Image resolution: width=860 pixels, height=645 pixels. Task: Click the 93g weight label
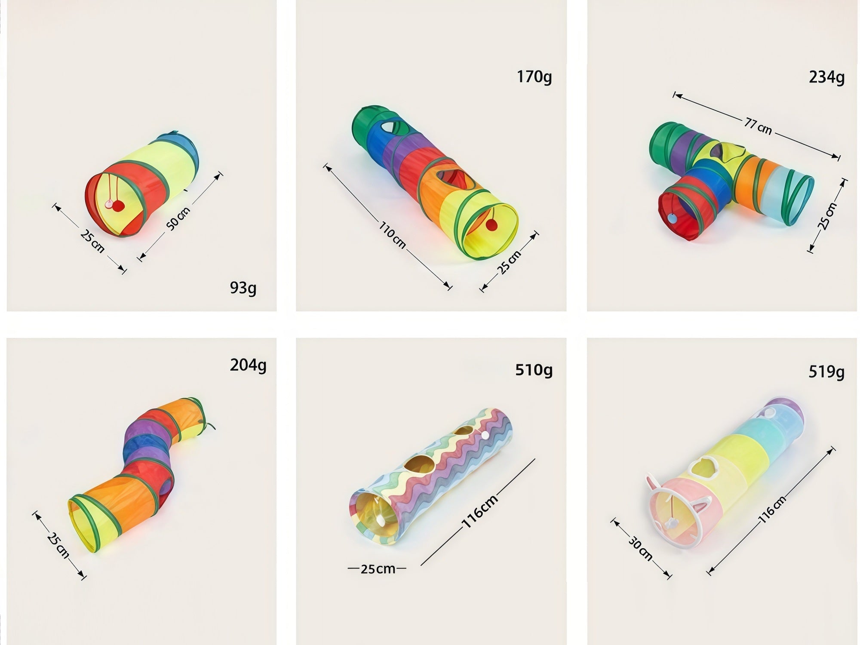click(x=243, y=288)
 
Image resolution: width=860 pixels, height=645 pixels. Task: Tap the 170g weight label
click(x=534, y=77)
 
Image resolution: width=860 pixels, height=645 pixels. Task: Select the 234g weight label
click(x=826, y=77)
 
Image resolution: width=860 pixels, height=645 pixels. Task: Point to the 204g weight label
click(x=248, y=365)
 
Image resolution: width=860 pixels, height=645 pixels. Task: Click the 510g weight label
click(x=534, y=370)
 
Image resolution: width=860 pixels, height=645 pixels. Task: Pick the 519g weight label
click(x=826, y=372)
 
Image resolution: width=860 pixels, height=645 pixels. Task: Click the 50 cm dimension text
click(x=178, y=218)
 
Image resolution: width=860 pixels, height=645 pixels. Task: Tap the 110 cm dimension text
click(x=392, y=234)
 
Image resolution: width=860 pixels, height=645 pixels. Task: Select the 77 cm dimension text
click(x=758, y=126)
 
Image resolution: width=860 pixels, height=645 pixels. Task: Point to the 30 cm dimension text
click(x=640, y=548)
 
